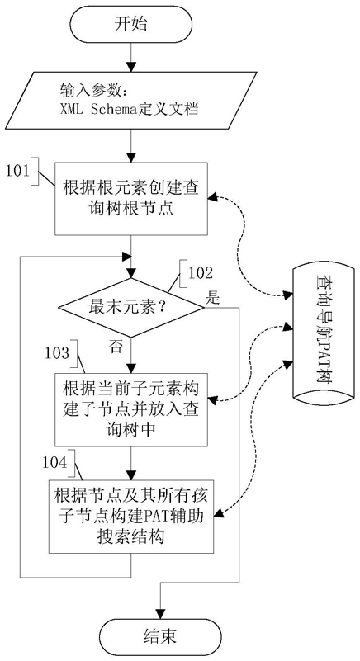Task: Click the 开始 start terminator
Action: (x=130, y=24)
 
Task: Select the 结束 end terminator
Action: (x=160, y=636)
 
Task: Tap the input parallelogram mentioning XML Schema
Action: (x=131, y=98)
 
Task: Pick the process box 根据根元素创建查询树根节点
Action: (x=131, y=198)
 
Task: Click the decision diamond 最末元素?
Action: (x=130, y=308)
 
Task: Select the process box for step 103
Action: (x=131, y=410)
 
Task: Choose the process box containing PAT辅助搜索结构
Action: (x=131, y=517)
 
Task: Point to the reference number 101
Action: (x=18, y=170)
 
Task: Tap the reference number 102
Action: (x=200, y=274)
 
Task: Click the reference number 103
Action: (x=56, y=352)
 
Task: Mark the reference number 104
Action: (x=54, y=462)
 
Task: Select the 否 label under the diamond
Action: (x=116, y=347)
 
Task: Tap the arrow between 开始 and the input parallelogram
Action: (x=131, y=57)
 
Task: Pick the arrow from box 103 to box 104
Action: (x=131, y=463)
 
